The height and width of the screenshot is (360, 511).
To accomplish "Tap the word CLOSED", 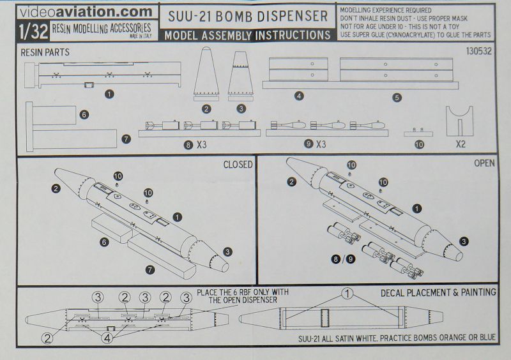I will tap(238, 164).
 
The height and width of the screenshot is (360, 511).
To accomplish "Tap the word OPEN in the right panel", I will tap(484, 164).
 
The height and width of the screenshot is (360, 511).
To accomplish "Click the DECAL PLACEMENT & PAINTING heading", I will tap(438, 292).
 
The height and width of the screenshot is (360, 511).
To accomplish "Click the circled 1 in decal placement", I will tap(346, 295).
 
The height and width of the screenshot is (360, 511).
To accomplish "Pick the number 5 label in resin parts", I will tap(396, 96).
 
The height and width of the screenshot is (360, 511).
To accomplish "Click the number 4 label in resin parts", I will tap(299, 96).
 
